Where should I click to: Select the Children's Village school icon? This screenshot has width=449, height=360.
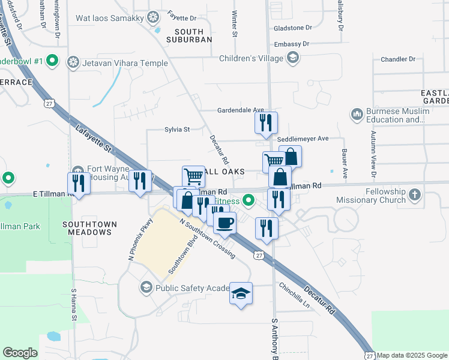click(292, 58)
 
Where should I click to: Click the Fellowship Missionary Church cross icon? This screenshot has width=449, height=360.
click(415, 195)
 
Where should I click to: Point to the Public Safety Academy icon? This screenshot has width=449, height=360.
click(146, 288)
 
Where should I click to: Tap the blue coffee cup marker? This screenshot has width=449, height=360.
click(224, 223)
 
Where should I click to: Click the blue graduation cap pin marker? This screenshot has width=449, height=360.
click(241, 293)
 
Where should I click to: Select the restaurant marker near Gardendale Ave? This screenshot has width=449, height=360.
click(265, 122)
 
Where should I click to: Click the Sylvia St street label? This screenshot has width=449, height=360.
click(177, 129)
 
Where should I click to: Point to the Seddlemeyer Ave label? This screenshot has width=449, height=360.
click(303, 139)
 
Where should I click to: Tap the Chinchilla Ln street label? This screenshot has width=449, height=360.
click(297, 295)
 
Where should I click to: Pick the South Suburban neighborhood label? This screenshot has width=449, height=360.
click(193, 35)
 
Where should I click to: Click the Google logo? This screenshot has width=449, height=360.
click(20, 353)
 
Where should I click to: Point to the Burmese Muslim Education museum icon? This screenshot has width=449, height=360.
click(357, 113)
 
